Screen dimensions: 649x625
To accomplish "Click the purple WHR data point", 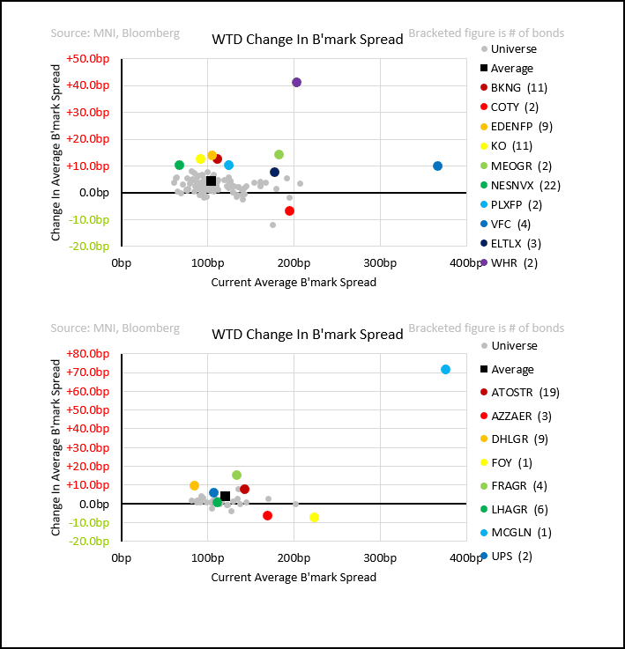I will pyautogui.click(x=296, y=83).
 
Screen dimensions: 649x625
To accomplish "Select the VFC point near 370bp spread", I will pyautogui.click(x=437, y=166).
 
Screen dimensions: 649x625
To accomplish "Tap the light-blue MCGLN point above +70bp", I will pyautogui.click(x=445, y=370).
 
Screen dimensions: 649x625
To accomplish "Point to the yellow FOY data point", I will pyautogui.click(x=314, y=518).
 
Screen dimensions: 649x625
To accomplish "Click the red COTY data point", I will pyautogui.click(x=289, y=210).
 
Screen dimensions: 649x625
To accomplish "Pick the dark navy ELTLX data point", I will pyautogui.click(x=274, y=173).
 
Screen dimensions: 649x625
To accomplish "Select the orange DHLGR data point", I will pyautogui.click(x=194, y=485).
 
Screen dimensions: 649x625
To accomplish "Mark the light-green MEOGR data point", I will pyautogui.click(x=279, y=155).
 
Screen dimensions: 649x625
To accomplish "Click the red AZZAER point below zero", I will pyautogui.click(x=267, y=516).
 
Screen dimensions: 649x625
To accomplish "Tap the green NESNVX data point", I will pyautogui.click(x=179, y=166).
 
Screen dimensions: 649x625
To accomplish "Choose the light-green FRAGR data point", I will pyautogui.click(x=236, y=475).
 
